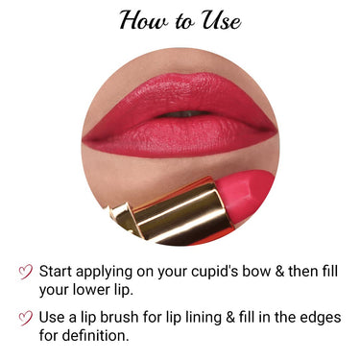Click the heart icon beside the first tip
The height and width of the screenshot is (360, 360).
coord(27,272)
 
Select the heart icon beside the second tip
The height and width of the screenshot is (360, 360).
coord(27,318)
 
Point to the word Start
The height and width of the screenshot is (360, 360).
coord(63,272)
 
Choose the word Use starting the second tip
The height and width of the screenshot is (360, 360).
coord(60,318)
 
